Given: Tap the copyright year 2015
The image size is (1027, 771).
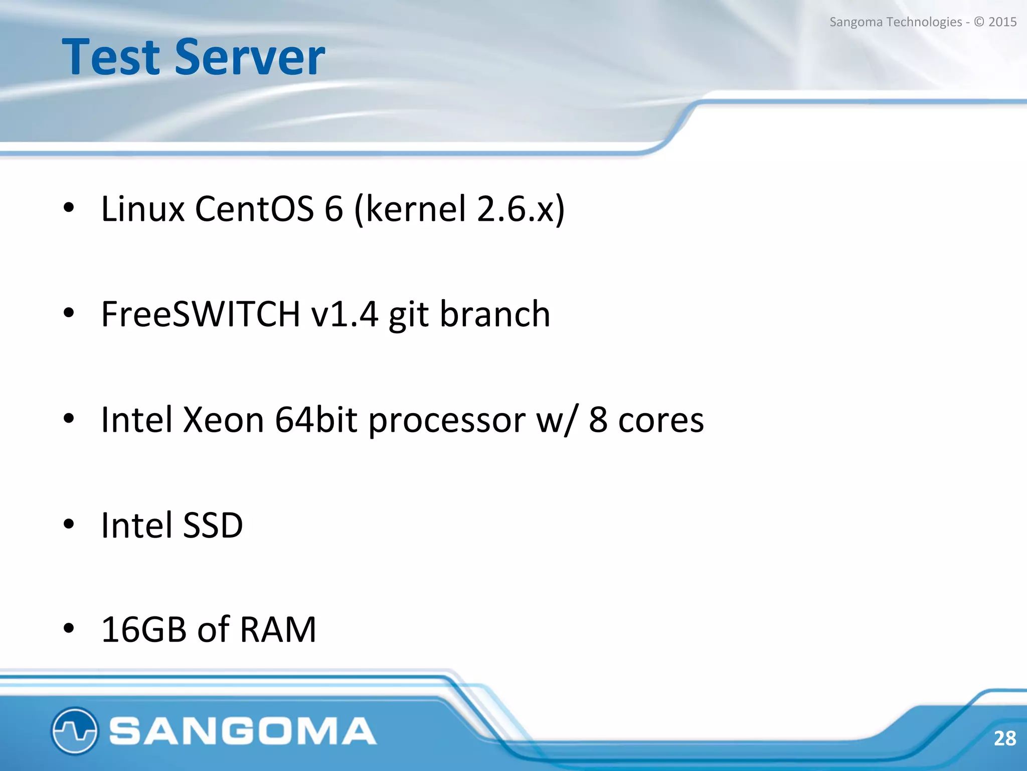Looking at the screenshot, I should pos(1002,22).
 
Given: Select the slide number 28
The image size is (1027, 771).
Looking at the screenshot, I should pos(1004,738).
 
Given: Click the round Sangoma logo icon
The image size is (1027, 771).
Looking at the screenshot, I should pos(74,730).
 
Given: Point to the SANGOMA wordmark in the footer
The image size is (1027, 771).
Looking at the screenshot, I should pos(243,731).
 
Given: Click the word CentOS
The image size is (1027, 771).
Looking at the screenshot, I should pos(254,209).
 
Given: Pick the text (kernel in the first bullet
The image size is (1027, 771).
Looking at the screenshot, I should pos(411,209).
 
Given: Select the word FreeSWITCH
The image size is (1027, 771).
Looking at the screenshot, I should pos(201,314).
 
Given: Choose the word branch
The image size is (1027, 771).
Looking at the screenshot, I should pos(495,314).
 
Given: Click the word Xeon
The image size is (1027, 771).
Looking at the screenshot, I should pos(223,420).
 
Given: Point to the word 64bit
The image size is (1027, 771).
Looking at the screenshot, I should pos(316,420).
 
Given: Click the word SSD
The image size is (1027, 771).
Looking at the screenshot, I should pos(213,525).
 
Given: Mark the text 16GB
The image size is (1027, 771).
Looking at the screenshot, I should pos(144,629).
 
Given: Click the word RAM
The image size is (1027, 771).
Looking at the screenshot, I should pos(278,629).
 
